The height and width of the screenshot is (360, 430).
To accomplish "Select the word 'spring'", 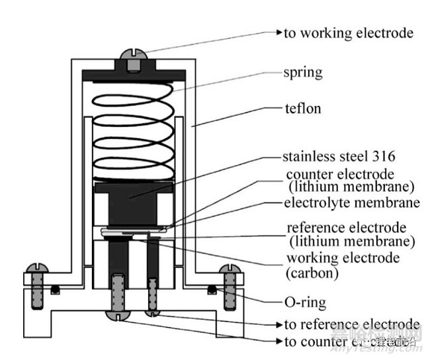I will point(302,72).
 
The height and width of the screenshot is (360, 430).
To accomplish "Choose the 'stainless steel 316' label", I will point(339,157).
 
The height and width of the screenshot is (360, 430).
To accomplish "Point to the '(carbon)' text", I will point(313,271).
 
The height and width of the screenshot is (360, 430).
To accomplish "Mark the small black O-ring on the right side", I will point(211,289).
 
